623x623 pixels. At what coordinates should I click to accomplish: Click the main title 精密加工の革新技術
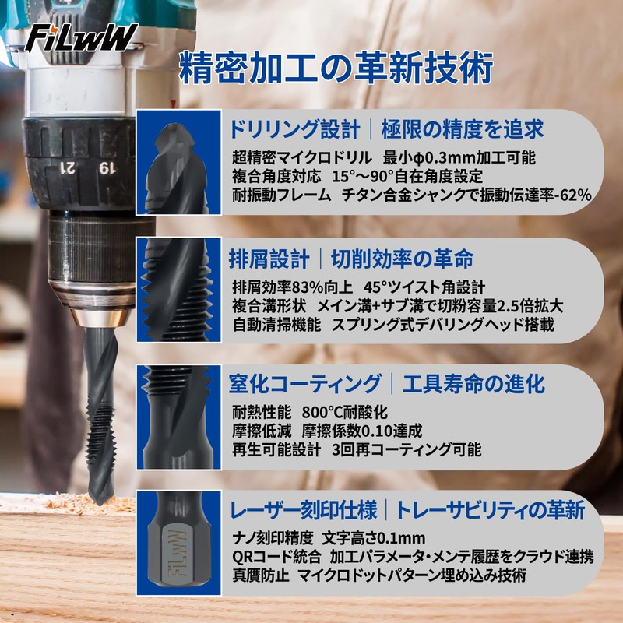click(336, 69)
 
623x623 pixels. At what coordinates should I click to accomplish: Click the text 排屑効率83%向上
click(287, 287)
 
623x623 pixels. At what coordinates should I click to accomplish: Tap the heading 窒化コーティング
click(304, 384)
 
